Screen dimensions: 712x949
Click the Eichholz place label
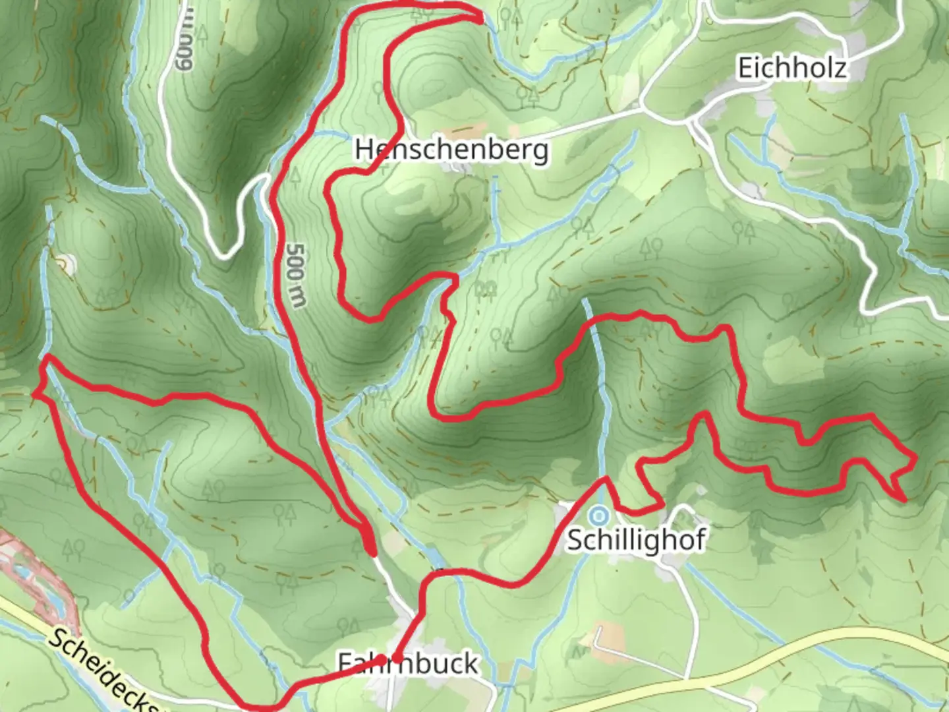[x=791, y=68]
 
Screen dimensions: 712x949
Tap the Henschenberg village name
[x=451, y=150]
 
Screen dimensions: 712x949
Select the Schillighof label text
[x=636, y=540]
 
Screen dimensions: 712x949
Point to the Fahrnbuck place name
[x=408, y=663]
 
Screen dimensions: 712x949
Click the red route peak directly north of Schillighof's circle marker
[x=604, y=479]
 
